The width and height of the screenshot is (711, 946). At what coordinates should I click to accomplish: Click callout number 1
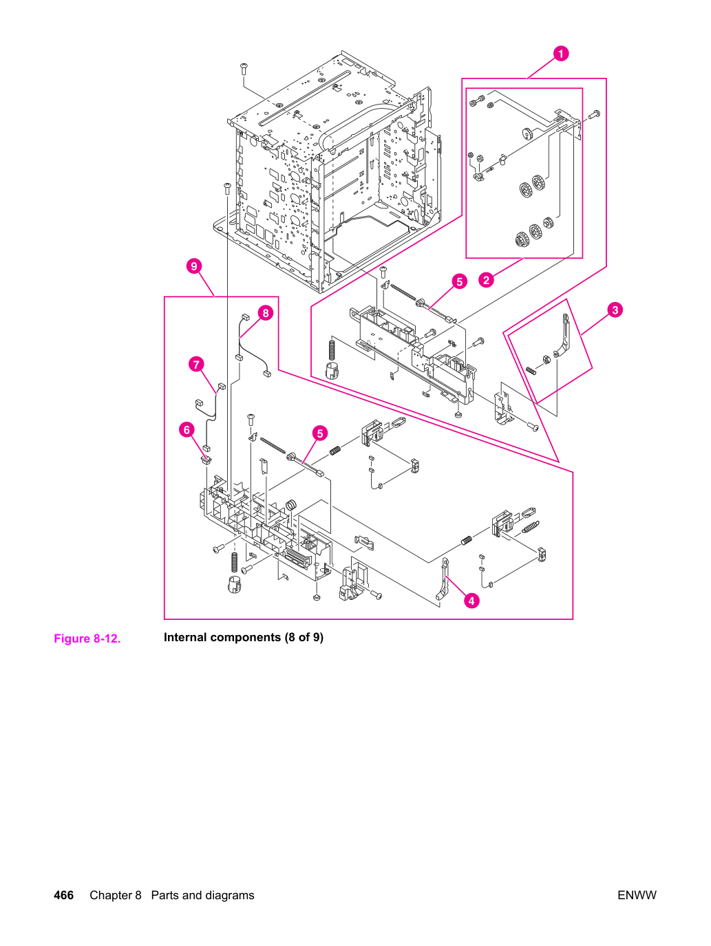560,54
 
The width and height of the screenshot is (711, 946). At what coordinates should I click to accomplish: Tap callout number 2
487,280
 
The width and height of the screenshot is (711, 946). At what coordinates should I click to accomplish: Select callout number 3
615,310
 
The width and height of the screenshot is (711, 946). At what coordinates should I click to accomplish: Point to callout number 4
471,601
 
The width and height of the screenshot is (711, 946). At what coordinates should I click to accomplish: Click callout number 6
187,430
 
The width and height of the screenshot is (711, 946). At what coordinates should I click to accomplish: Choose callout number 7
196,365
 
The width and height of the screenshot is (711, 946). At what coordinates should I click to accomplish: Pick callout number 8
266,313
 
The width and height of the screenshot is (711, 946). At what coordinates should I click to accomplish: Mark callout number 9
194,266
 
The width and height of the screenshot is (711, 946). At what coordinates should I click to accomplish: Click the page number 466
63,895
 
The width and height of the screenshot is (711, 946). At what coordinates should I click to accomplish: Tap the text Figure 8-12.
87,638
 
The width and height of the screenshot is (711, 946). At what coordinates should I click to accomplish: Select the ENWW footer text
637,895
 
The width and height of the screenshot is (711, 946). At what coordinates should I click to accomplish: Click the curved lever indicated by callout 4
443,579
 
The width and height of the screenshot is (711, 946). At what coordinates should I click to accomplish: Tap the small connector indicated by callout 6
206,460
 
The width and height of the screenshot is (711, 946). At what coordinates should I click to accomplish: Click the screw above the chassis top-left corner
243,68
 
